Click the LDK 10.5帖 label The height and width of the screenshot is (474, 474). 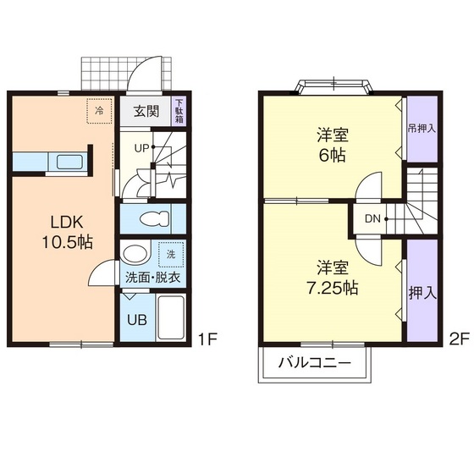click(x=67, y=232)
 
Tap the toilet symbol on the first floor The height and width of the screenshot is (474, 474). click(x=154, y=218)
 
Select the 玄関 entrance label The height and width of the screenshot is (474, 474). click(x=146, y=112)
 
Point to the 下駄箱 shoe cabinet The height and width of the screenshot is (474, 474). click(x=179, y=111)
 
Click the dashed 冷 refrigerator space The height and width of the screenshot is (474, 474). click(x=99, y=111)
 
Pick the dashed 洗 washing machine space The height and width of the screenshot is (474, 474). click(x=171, y=254)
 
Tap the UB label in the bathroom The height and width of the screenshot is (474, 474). click(x=137, y=320)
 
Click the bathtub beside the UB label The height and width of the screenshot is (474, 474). click(x=171, y=317)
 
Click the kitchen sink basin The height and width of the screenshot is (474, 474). click(x=69, y=162)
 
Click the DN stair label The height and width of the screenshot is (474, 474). click(x=372, y=218)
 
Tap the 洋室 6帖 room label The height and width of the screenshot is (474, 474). click(x=333, y=145)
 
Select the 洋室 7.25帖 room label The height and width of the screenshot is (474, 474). click(x=333, y=278)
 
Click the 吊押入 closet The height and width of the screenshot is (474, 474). click(x=422, y=129)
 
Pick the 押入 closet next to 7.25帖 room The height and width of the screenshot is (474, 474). click(x=422, y=291)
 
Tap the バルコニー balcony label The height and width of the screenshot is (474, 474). click(x=314, y=362)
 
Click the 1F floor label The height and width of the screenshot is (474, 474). click(x=207, y=339)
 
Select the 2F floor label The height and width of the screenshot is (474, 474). click(x=459, y=339)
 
